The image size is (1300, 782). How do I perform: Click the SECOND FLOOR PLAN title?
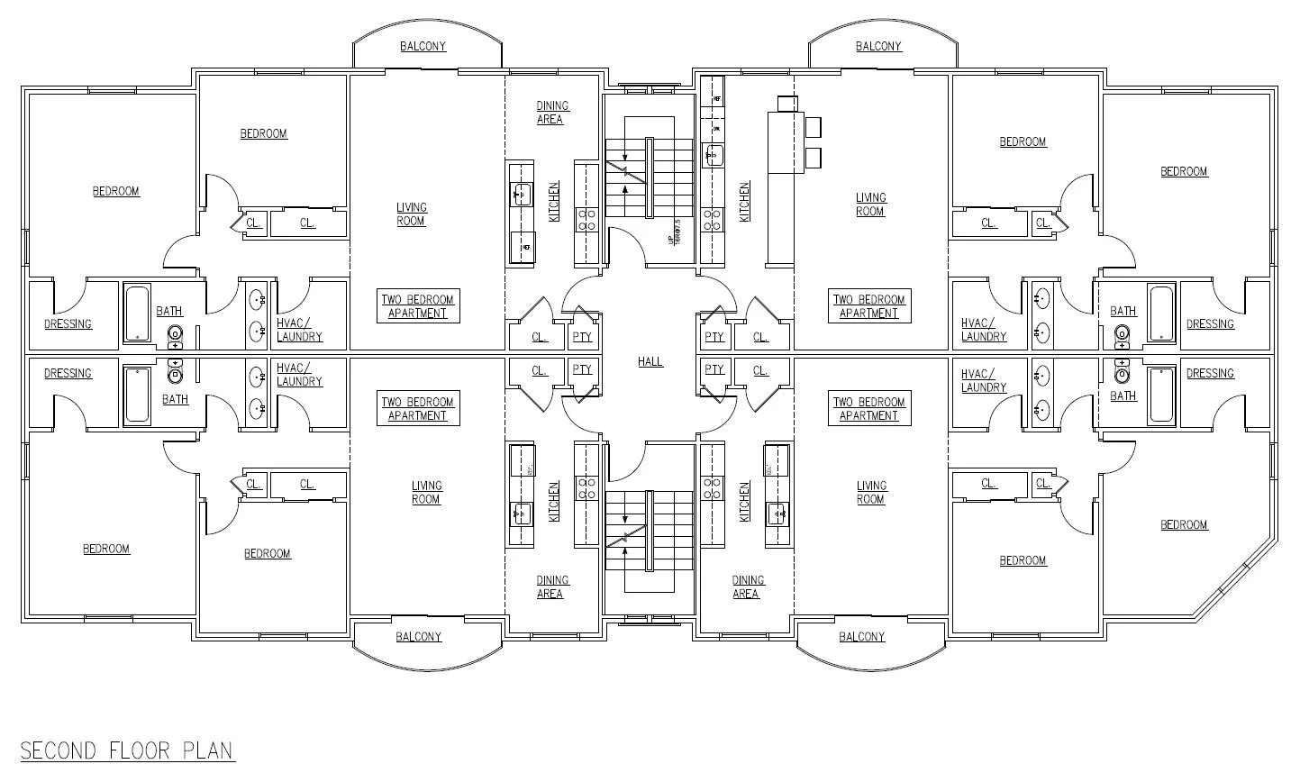(126, 750)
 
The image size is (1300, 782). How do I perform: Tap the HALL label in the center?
(650, 361)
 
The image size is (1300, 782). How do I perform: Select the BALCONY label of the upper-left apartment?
(423, 46)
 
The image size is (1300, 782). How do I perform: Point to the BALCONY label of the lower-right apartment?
(862, 637)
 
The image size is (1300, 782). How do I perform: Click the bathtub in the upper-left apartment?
(137, 314)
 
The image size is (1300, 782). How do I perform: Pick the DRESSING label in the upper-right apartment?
(1210, 324)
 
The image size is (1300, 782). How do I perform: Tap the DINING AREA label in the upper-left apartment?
(551, 113)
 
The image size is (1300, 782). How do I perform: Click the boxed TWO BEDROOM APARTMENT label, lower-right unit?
(868, 409)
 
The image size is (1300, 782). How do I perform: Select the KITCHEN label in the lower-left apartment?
(554, 501)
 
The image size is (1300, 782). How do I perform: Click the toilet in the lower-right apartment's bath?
(1122, 370)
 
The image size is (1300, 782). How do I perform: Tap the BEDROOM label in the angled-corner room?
(1184, 524)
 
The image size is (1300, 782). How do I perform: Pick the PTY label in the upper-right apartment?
(714, 337)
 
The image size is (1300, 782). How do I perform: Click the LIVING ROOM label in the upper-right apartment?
(870, 205)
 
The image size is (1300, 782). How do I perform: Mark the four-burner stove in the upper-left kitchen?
(586, 221)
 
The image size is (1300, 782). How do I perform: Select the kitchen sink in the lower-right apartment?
(777, 514)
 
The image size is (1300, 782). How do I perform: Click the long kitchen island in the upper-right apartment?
(779, 180)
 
